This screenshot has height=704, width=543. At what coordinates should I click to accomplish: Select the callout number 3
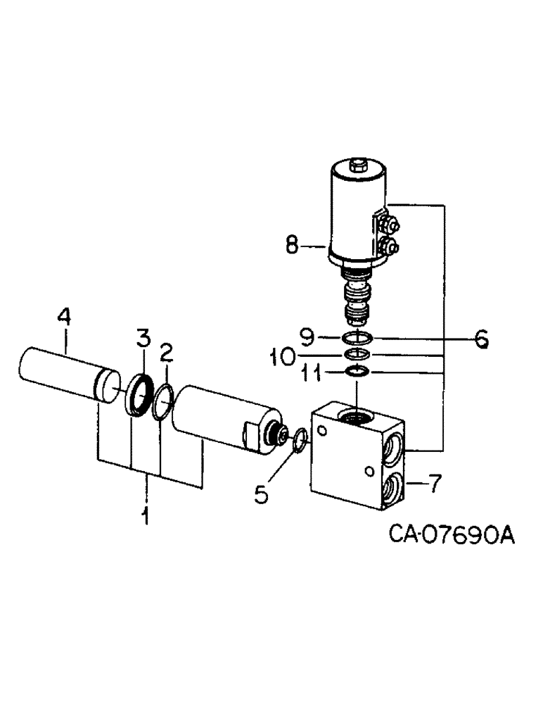tap(143, 338)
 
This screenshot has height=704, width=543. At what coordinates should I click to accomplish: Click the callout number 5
tap(261, 495)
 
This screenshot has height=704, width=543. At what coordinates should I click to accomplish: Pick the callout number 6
tap(480, 339)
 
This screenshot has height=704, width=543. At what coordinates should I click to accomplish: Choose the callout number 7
tap(434, 484)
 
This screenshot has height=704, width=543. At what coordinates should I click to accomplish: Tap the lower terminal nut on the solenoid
tap(388, 247)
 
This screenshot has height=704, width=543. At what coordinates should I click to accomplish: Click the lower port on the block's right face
tap(392, 488)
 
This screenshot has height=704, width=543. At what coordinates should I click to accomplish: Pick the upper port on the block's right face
tap(393, 447)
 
